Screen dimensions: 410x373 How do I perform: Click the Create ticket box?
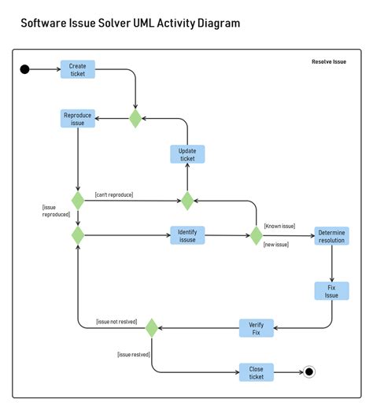coord(77,70)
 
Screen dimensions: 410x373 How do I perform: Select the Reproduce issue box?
coord(78,119)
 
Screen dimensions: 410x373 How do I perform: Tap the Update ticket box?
coord(187,154)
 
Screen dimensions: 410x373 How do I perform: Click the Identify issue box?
coord(187,235)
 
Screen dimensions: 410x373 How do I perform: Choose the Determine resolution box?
coord(331,236)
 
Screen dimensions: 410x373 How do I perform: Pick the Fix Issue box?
coord(331,290)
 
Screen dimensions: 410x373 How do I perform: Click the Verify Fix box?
coord(256,327)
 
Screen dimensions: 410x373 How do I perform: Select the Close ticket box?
coord(257,372)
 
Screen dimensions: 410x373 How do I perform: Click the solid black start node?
coord(24,69)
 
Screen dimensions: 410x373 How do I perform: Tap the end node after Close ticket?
coord(309,372)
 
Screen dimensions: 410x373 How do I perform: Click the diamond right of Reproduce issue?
coord(135,119)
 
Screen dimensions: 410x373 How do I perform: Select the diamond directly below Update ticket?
coord(187,201)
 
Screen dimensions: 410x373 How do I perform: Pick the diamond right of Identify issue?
coord(256,235)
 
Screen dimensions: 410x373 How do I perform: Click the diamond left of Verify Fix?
coord(152,327)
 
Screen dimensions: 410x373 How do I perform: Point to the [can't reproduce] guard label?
coord(114,194)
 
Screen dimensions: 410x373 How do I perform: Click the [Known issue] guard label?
coord(279,226)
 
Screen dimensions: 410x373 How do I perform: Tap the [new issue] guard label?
coord(276,245)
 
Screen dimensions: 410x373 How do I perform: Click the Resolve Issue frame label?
coord(328,61)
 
